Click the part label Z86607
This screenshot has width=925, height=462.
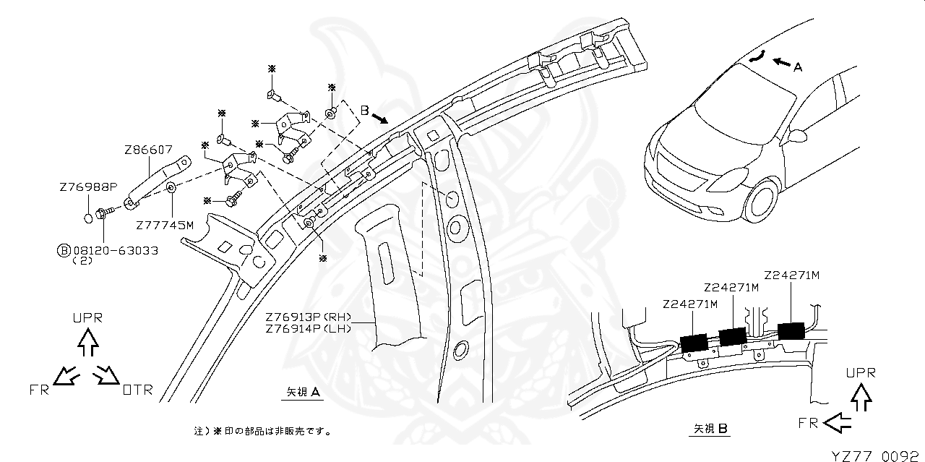pos(148,150)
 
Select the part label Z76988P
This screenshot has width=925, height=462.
pos(88,187)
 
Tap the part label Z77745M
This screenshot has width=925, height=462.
pos(165,225)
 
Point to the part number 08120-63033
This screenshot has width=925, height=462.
pos(116,250)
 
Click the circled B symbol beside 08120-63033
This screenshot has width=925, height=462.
pos(64,250)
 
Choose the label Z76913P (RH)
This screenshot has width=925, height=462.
pos(308,317)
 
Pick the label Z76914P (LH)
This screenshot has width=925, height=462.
pos(308,328)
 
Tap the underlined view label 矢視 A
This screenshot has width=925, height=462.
pos(303,392)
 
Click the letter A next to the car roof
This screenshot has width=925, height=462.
pos(798,67)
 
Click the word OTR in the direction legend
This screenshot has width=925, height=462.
pos(137,390)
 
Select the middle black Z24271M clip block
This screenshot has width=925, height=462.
pos(732,336)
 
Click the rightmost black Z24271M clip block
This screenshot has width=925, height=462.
pos(793,330)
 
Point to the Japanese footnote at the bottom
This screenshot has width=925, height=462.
pos(263,431)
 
